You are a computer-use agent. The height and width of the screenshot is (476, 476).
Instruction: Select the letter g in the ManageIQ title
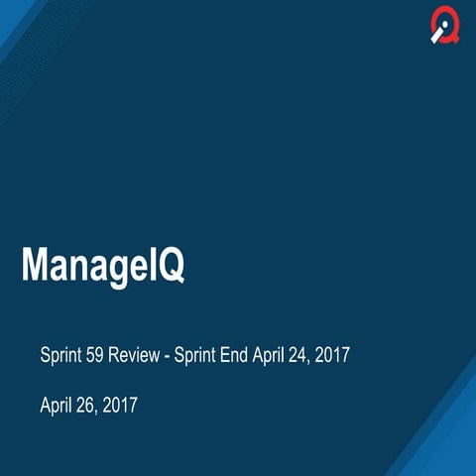pos(110,269)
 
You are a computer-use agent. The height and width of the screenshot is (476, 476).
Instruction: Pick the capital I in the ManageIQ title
pos(148,265)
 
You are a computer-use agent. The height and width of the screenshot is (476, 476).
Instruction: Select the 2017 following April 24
pos(334,354)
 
